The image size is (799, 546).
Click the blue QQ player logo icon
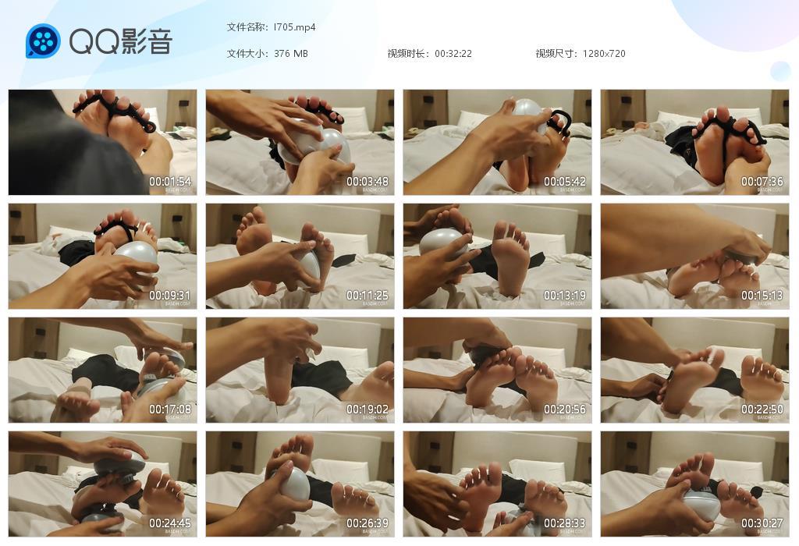[x=43, y=41]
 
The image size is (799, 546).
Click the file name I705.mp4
[x=295, y=27]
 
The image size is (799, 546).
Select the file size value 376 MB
[x=291, y=54]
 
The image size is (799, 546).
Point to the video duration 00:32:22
[x=453, y=54]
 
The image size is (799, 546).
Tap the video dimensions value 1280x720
[x=604, y=54]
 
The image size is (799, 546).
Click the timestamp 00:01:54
[x=170, y=182]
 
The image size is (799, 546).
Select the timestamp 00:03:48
[x=368, y=182]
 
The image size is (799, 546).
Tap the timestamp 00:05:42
[x=565, y=182]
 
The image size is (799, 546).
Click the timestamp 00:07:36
[x=762, y=182]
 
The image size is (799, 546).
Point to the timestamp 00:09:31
[x=170, y=296]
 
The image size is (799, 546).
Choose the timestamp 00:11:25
[x=368, y=296]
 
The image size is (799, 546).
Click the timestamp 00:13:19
[x=565, y=296]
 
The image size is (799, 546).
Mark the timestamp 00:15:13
[x=762, y=296]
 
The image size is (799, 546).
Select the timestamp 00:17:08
[x=170, y=409]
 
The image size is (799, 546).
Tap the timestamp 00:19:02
[x=368, y=409]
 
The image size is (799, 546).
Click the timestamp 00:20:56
[x=565, y=409]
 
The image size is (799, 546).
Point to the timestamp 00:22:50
[x=762, y=409]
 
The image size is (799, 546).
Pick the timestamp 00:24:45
[x=170, y=523]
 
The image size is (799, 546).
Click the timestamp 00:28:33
[x=565, y=523]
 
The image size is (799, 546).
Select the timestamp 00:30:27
[x=762, y=523]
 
